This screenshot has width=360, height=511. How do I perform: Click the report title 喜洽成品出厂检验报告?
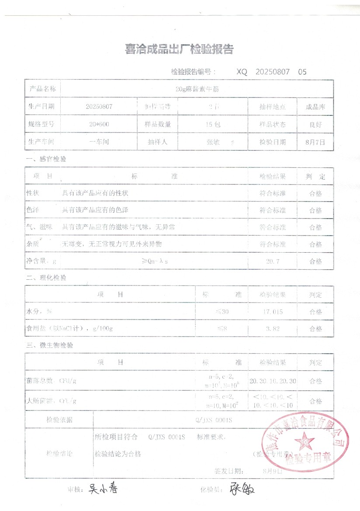pyautogui.click(x=179, y=49)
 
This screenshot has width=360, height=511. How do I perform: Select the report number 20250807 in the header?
pyautogui.click(x=272, y=72)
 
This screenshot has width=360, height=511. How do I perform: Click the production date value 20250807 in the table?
pyautogui.click(x=99, y=106)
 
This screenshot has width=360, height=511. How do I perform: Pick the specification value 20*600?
pyautogui.click(x=99, y=124)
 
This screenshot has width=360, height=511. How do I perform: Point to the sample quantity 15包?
pyautogui.click(x=213, y=124)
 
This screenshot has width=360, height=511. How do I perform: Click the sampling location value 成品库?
pyautogui.click(x=315, y=107)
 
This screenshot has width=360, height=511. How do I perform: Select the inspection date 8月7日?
pyautogui.click(x=315, y=142)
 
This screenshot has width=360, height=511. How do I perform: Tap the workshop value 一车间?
pyautogui.click(x=99, y=142)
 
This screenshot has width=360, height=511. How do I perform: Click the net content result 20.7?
pyautogui.click(x=272, y=261)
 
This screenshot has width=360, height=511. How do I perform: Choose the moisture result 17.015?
pyautogui.click(x=272, y=312)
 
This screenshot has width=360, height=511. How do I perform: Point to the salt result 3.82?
pyautogui.click(x=272, y=329)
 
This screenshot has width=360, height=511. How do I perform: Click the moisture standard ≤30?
pyautogui.click(x=222, y=312)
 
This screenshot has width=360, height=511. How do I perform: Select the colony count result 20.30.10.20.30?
pyautogui.click(x=273, y=381)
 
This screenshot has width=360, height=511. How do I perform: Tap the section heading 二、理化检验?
pyautogui.click(x=46, y=278)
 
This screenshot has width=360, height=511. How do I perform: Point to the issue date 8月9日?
pyautogui.click(x=273, y=471)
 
